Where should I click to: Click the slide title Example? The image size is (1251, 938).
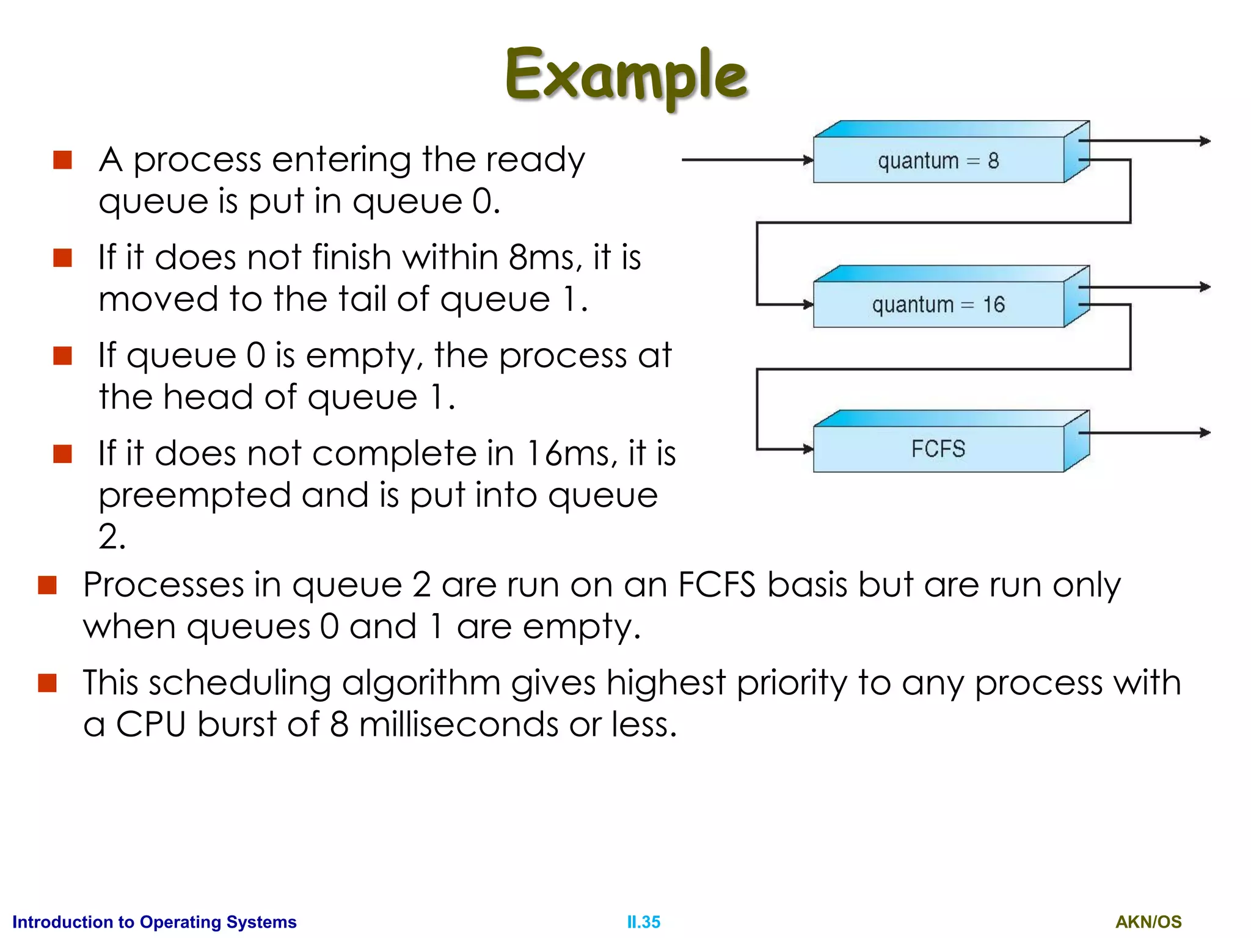click(x=626, y=76)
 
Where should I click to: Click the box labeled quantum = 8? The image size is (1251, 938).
click(x=938, y=160)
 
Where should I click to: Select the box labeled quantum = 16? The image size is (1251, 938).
click(x=938, y=304)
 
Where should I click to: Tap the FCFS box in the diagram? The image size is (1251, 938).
click(x=938, y=449)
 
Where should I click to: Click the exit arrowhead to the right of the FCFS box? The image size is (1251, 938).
click(x=1205, y=433)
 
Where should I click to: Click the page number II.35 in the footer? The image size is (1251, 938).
click(x=643, y=922)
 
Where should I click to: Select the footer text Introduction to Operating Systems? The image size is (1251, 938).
click(x=154, y=922)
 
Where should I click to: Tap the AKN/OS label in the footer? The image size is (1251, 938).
click(x=1148, y=922)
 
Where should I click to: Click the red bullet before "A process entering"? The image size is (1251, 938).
click(x=62, y=160)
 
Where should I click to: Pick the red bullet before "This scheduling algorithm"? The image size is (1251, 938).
click(x=47, y=683)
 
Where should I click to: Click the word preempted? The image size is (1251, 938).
click(x=194, y=496)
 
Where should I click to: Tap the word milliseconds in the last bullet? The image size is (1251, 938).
click(x=458, y=725)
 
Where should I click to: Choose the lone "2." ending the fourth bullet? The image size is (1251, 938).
click(x=112, y=537)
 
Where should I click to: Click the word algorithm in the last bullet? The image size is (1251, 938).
click(x=421, y=683)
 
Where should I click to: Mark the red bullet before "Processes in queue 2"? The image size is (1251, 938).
click(x=47, y=585)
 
